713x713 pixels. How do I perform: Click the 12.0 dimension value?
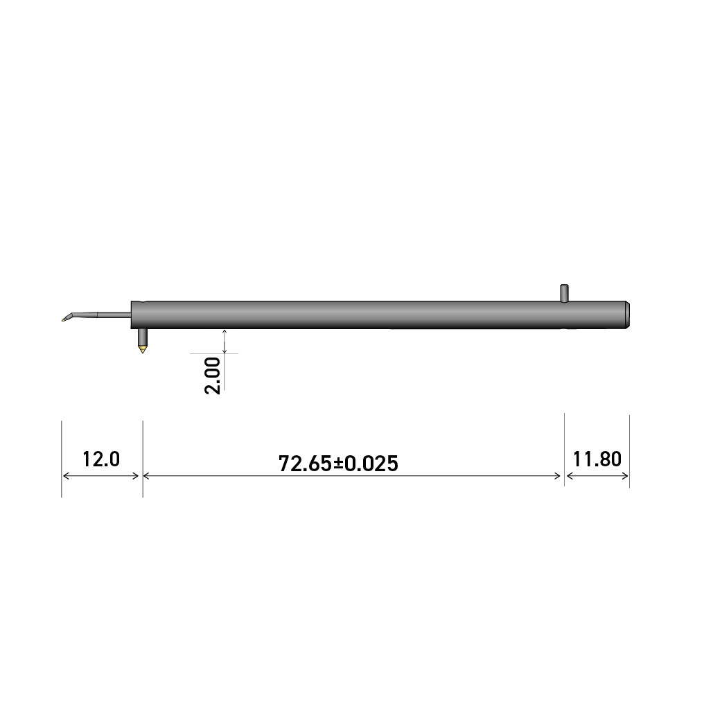click(x=101, y=459)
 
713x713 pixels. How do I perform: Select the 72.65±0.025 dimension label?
click(x=338, y=463)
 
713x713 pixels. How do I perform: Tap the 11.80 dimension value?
click(x=597, y=459)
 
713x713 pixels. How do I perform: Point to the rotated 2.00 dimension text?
click(x=213, y=375)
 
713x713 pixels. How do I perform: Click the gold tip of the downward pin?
click(x=143, y=349)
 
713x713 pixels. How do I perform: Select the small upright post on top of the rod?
click(x=564, y=292)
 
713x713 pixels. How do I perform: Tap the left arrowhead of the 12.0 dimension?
click(x=67, y=476)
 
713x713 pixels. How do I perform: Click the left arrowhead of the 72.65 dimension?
click(x=147, y=476)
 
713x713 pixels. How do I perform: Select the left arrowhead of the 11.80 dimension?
click(x=570, y=476)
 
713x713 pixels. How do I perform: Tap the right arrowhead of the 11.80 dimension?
click(x=625, y=476)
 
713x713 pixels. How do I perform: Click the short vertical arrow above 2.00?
click(x=225, y=341)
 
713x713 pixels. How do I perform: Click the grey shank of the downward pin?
click(x=143, y=337)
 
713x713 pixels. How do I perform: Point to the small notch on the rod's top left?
click(x=143, y=303)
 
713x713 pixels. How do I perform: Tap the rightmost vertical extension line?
click(x=629, y=450)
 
